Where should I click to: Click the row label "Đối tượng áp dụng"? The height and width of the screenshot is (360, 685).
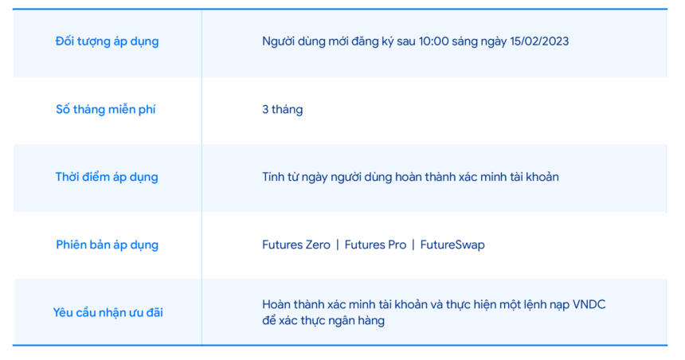[107, 42]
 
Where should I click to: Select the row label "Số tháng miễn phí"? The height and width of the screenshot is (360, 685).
[106, 110]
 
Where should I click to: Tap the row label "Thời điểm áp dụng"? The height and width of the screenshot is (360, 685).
[107, 178]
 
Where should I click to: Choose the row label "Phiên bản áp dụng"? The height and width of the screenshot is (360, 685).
[107, 245]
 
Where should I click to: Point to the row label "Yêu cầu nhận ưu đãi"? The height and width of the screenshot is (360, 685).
[108, 313]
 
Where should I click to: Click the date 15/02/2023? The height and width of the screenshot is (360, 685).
[539, 41]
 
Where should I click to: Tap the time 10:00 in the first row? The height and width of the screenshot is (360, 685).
[434, 41]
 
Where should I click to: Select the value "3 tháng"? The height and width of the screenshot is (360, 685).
[282, 110]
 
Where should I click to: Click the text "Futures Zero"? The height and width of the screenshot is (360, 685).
[296, 245]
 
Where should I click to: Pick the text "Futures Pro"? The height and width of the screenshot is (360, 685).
[375, 245]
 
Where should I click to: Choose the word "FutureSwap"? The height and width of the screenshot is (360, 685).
[452, 245]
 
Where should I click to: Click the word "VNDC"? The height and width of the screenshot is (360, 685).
[589, 304]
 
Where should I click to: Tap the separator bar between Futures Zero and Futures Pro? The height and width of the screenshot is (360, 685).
[338, 245]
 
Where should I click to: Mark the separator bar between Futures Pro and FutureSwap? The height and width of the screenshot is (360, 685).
[413, 245]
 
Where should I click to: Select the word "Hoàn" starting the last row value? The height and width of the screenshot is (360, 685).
[276, 304]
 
